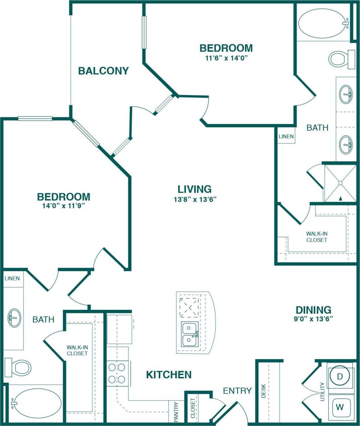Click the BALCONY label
[103, 71]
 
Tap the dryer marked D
[339, 376]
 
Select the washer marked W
[339, 407]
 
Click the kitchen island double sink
[190, 334]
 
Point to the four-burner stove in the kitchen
[117, 373]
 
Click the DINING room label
[313, 310]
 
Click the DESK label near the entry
[264, 391]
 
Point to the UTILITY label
[322, 391]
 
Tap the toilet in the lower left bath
[19, 367]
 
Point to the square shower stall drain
[340, 183]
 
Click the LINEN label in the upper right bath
[286, 136]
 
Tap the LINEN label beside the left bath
[12, 278]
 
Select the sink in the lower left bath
[14, 318]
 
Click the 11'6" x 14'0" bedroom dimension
[226, 58]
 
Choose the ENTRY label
[237, 390]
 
